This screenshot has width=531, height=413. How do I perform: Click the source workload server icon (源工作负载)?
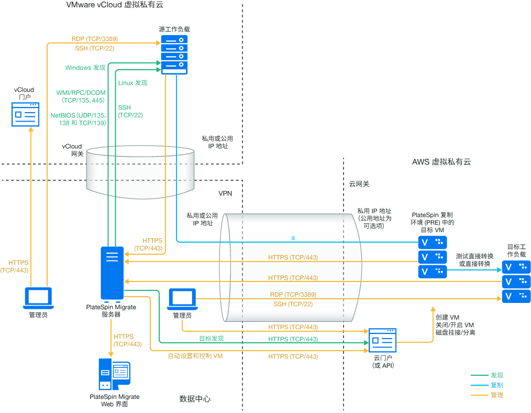tap(174, 55)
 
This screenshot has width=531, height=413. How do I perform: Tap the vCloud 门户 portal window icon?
tap(26, 114)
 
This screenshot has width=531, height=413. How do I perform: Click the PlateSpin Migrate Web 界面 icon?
tap(114, 375)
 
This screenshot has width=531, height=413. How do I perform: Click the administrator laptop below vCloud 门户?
tap(39, 298)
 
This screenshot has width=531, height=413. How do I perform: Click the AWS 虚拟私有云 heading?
tap(441, 162)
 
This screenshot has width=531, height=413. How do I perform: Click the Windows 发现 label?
tap(85, 68)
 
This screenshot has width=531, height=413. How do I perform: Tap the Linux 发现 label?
tap(132, 83)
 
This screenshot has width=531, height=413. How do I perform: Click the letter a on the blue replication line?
tap(293, 238)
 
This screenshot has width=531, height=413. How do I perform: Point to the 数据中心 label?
tap(195, 399)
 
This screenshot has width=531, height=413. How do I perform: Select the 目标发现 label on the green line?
tap(211, 339)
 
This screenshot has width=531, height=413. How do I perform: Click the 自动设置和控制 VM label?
tap(195, 356)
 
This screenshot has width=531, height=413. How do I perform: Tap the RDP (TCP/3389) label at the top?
tap(94, 39)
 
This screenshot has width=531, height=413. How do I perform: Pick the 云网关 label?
tap(359, 184)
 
